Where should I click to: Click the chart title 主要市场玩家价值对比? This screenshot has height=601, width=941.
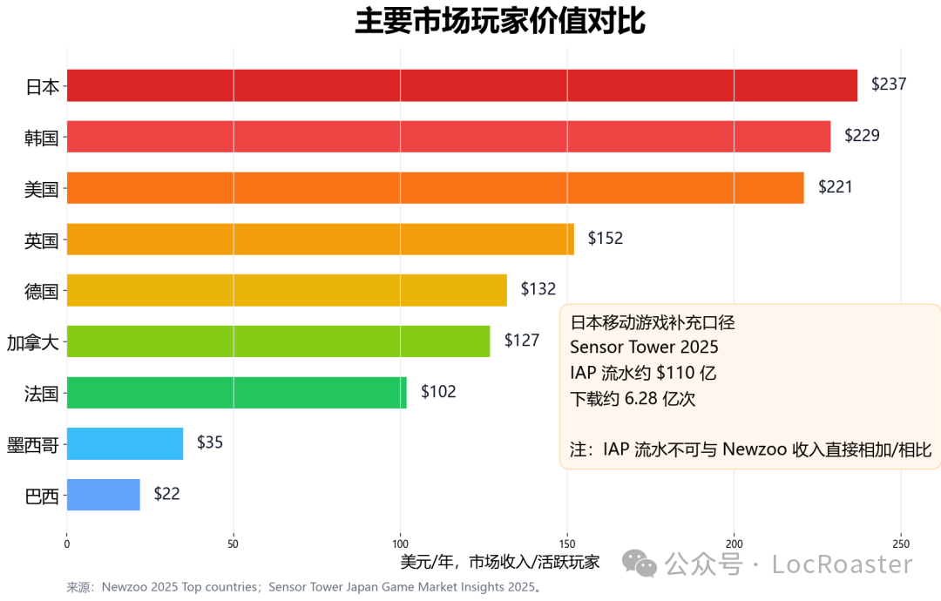(x=499, y=22)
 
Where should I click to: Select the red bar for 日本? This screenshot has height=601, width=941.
(x=462, y=85)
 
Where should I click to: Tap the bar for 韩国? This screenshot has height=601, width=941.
(x=449, y=137)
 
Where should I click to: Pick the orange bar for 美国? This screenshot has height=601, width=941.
(x=435, y=187)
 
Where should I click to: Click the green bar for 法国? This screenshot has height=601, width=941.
(x=236, y=392)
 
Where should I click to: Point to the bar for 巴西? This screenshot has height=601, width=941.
(x=103, y=495)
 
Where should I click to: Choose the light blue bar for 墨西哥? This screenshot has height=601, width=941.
(x=125, y=443)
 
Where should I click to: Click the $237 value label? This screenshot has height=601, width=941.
(x=889, y=85)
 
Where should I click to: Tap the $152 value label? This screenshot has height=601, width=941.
(x=606, y=239)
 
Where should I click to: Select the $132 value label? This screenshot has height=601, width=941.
(x=538, y=289)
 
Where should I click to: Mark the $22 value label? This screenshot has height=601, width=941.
(x=166, y=494)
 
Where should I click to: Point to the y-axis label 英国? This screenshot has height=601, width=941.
(x=42, y=240)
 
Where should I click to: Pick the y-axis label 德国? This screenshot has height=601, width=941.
(x=42, y=291)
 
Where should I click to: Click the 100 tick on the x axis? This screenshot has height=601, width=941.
(x=400, y=544)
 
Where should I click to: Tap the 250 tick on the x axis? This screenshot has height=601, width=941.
(x=901, y=544)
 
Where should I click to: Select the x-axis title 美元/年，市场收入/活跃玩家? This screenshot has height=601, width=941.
(x=500, y=562)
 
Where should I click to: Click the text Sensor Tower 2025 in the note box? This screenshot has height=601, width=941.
(x=644, y=348)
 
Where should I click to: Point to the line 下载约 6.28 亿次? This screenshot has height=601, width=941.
(x=633, y=399)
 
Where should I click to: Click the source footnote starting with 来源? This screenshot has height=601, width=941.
(x=304, y=587)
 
